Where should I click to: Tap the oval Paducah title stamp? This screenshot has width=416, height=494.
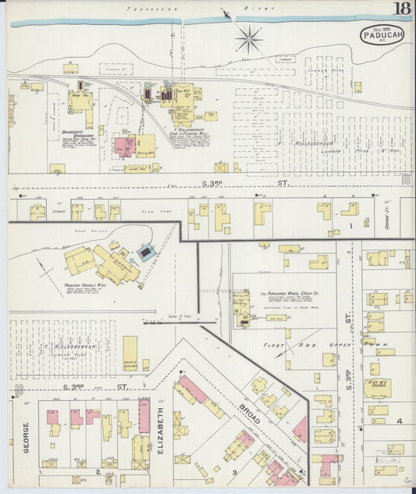(x=382, y=36)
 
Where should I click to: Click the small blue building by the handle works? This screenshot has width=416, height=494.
(x=146, y=253)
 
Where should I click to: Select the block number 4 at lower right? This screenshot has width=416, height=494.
(x=399, y=421)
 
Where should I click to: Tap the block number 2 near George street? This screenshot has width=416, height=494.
(x=98, y=472)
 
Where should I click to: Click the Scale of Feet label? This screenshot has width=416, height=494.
(x=180, y=316)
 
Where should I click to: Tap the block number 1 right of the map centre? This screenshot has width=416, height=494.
(x=351, y=225)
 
